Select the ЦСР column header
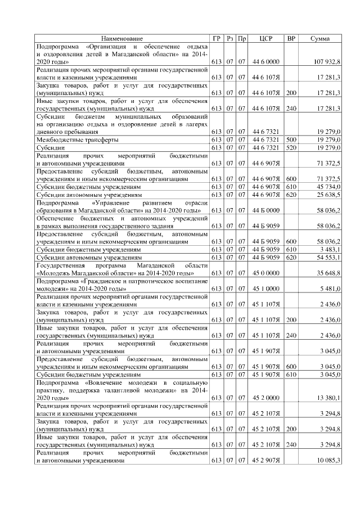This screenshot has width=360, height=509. click(x=266, y=38)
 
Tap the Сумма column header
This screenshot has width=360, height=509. click(x=319, y=38)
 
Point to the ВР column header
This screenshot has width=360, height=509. click(x=291, y=38)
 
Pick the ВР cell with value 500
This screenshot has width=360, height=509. click(x=291, y=139)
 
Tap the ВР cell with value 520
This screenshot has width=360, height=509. click(x=291, y=147)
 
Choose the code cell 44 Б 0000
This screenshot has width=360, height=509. click(x=263, y=210)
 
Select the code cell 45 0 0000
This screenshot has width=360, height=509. click(x=263, y=273)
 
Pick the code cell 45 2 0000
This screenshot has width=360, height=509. click(x=263, y=398)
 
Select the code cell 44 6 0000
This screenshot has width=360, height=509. click(x=263, y=61)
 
